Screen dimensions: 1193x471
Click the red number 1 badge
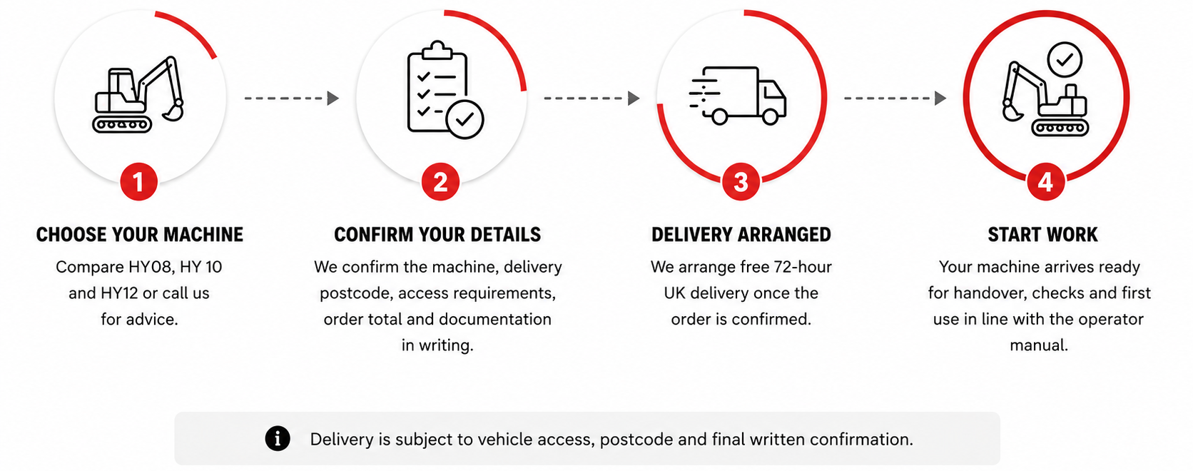click(138, 182)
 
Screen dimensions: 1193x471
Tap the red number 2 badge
click(440, 182)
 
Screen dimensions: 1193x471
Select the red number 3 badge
click(741, 182)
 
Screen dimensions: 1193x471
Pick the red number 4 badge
click(1045, 182)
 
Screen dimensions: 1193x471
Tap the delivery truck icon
click(738, 96)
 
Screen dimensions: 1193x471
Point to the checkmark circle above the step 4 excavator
click(1065, 60)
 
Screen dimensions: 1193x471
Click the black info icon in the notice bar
click(278, 439)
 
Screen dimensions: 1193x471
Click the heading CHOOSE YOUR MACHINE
click(140, 235)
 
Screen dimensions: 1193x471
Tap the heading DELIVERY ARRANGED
click(741, 235)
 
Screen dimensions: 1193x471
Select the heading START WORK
click(1042, 235)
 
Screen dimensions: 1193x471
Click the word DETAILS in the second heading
click(505, 235)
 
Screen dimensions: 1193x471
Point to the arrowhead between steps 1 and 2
click(333, 98)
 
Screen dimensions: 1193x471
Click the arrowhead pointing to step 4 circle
click(940, 98)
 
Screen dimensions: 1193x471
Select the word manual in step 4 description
click(1039, 345)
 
